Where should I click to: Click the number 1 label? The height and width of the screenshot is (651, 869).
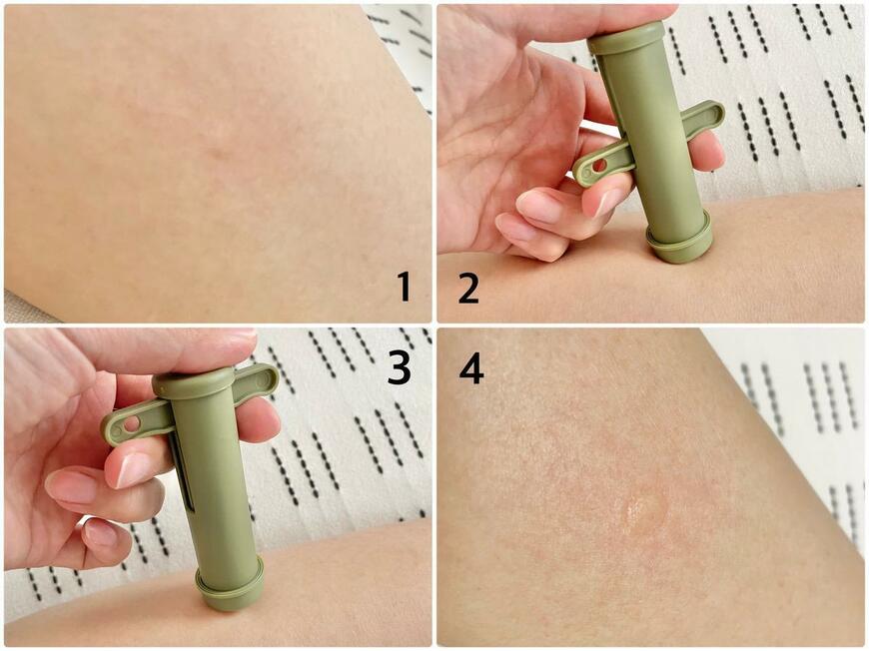(403, 287)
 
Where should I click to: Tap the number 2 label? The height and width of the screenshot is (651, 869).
(468, 287)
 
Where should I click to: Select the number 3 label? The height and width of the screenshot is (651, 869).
(399, 367)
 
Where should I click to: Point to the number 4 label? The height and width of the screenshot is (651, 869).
(470, 367)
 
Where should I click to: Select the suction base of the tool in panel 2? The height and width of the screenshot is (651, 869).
(679, 240)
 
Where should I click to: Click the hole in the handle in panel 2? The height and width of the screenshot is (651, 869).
(598, 164)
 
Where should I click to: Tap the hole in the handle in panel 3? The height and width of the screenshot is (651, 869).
(131, 424)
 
